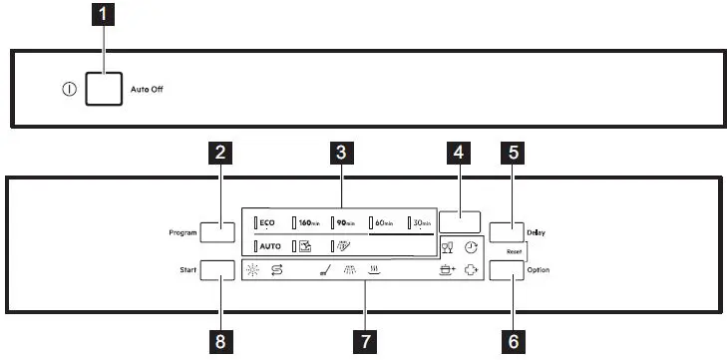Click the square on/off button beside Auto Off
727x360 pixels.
pos(105,89)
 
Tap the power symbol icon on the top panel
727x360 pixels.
pos(69,89)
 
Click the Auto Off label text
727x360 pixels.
pos(147,89)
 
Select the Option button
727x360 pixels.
pos(507,271)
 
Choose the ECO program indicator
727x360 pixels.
pos(266,223)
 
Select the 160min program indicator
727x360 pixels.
pos(304,223)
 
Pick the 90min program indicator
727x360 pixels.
pos(344,223)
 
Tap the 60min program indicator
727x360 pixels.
pos(382,223)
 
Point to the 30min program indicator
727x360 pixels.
pos(419,223)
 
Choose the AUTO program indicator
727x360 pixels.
pos(267,245)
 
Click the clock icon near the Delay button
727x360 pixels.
pos(471,246)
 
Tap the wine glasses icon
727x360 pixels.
pos(447,247)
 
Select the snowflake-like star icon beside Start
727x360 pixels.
pos(252,269)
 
